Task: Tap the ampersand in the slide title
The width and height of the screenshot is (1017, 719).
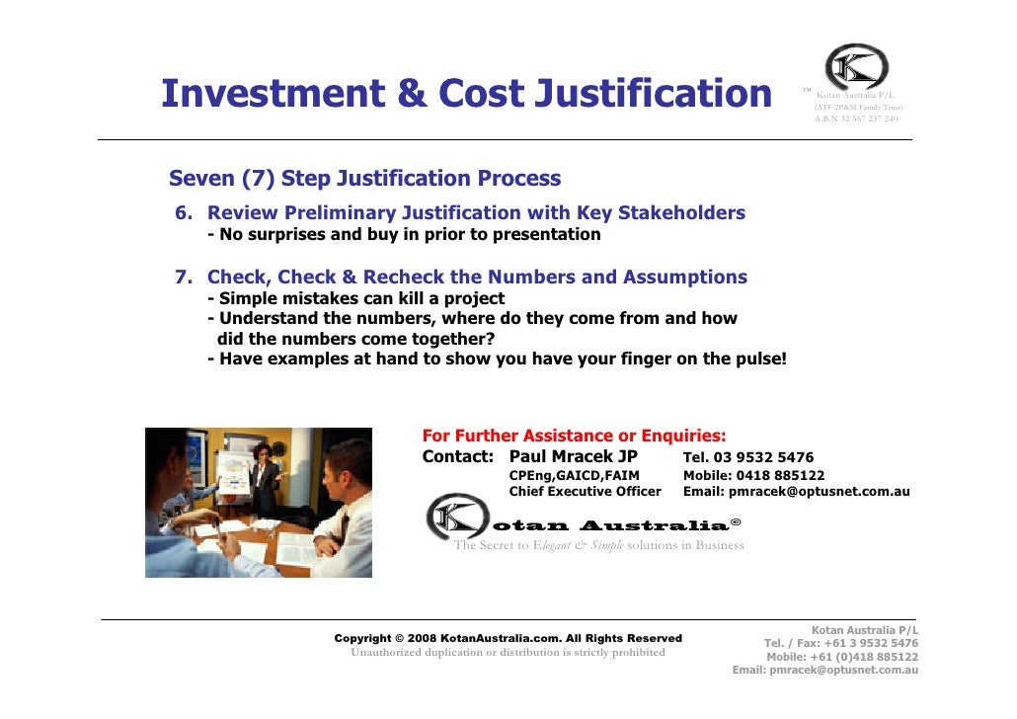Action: click(412, 94)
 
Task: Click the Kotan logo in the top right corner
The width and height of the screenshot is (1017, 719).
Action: click(856, 67)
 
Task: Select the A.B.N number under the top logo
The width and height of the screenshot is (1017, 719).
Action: click(855, 119)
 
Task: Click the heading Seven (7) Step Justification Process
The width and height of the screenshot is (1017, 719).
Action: click(364, 179)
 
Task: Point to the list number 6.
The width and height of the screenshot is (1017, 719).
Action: click(184, 213)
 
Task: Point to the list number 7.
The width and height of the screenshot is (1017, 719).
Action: click(184, 278)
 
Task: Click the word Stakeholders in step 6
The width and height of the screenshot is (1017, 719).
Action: click(680, 213)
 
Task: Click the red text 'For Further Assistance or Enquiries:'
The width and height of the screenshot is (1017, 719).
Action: click(574, 436)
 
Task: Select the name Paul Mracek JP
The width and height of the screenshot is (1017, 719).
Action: click(573, 457)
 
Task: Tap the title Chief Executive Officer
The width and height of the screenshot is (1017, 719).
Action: click(585, 492)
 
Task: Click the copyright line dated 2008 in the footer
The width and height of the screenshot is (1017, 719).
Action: click(508, 638)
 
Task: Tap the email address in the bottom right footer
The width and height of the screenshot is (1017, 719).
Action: click(824, 670)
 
